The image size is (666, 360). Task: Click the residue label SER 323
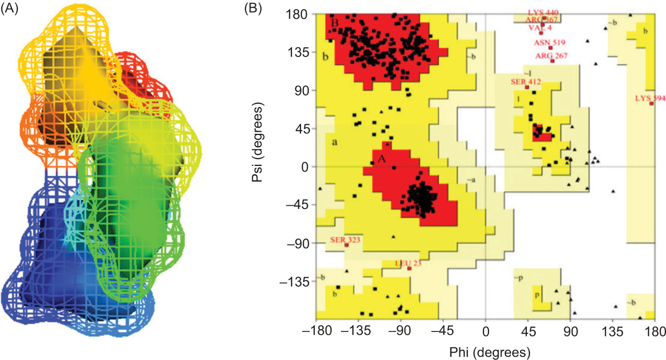click(x=345, y=240)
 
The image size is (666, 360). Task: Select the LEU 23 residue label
click(x=408, y=263)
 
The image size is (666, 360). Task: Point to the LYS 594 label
click(x=650, y=98)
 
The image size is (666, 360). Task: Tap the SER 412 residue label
click(x=526, y=82)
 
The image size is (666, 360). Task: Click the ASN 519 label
click(x=549, y=42)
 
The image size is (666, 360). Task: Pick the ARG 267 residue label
click(x=551, y=56)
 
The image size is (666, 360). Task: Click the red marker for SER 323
click(x=347, y=245)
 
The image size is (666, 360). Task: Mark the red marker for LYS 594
click(x=651, y=103)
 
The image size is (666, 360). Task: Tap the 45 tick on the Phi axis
click(x=528, y=332)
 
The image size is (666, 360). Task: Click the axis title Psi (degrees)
click(x=258, y=142)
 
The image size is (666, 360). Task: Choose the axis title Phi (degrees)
click(x=489, y=352)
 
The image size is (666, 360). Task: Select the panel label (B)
click(x=253, y=9)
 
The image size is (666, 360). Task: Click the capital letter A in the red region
click(x=381, y=159)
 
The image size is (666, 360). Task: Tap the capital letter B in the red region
click(x=334, y=23)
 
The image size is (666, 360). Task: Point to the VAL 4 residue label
click(x=540, y=28)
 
